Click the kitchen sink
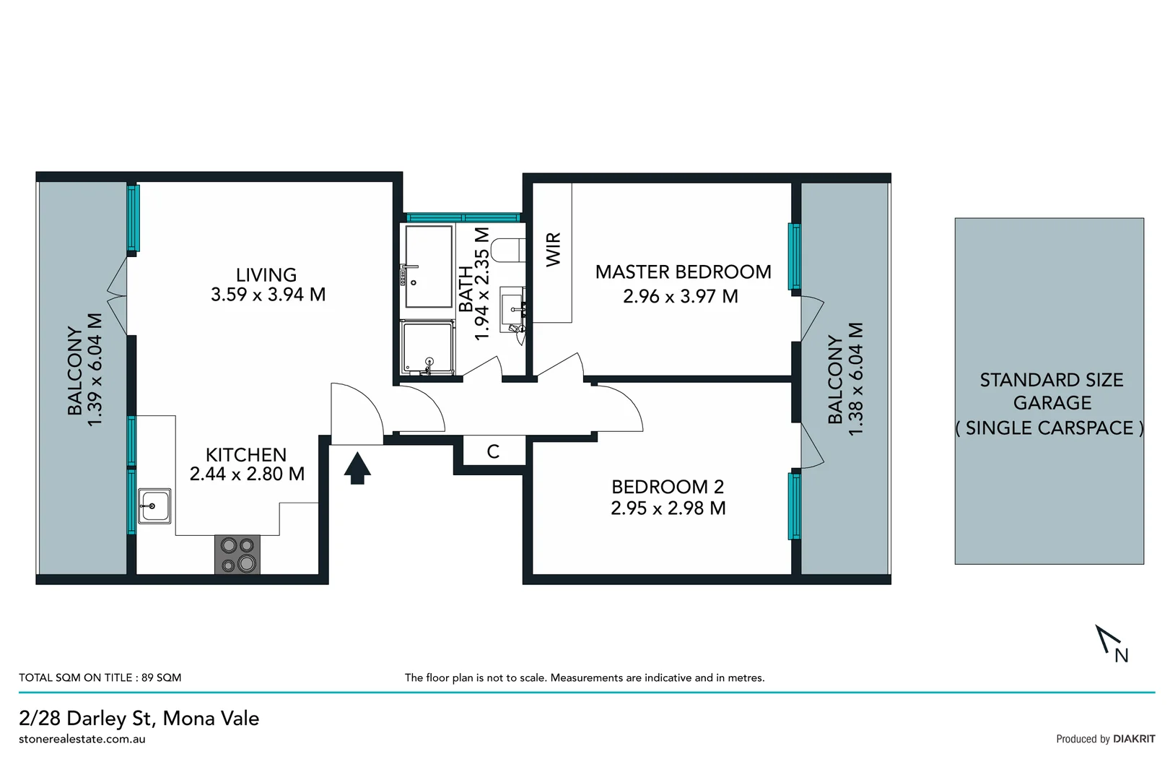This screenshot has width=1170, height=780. [x=154, y=506]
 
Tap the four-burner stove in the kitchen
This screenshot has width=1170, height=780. [x=237, y=555]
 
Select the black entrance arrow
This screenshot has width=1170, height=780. [x=357, y=468]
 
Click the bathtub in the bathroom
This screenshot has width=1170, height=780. [x=429, y=266]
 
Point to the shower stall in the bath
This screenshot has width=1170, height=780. [x=429, y=349]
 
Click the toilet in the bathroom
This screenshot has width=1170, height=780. [x=507, y=249]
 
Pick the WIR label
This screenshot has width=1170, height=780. [x=554, y=249]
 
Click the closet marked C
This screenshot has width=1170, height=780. [x=493, y=452]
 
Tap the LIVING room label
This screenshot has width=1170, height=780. [x=266, y=275]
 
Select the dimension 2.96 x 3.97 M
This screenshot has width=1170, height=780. [x=681, y=296]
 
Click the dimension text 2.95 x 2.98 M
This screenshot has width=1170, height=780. [x=668, y=508]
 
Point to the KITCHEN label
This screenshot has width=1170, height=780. [x=246, y=455]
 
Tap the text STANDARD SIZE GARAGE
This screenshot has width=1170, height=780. [x=1051, y=391]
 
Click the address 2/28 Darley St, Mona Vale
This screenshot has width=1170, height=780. [x=139, y=719]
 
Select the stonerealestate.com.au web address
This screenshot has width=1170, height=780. [x=82, y=740]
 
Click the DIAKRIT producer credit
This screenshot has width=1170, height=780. [x=1133, y=739]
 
